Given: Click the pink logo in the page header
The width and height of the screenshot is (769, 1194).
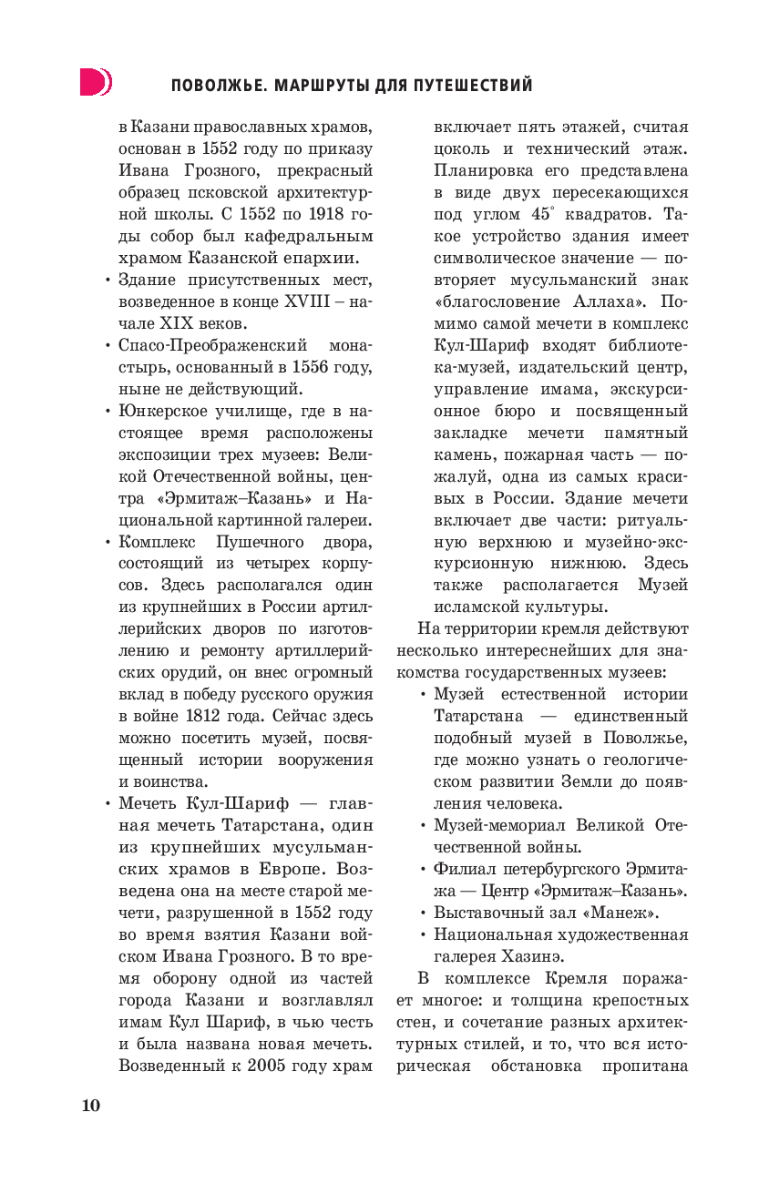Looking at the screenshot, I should [x=95, y=82].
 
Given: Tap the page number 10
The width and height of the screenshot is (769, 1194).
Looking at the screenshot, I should [x=91, y=1106].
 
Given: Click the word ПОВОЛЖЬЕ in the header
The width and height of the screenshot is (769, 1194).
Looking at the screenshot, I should [x=214, y=86].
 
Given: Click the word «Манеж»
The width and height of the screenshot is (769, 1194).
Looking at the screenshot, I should [x=624, y=913].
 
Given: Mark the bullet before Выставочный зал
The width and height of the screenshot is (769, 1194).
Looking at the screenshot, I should [x=424, y=913].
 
